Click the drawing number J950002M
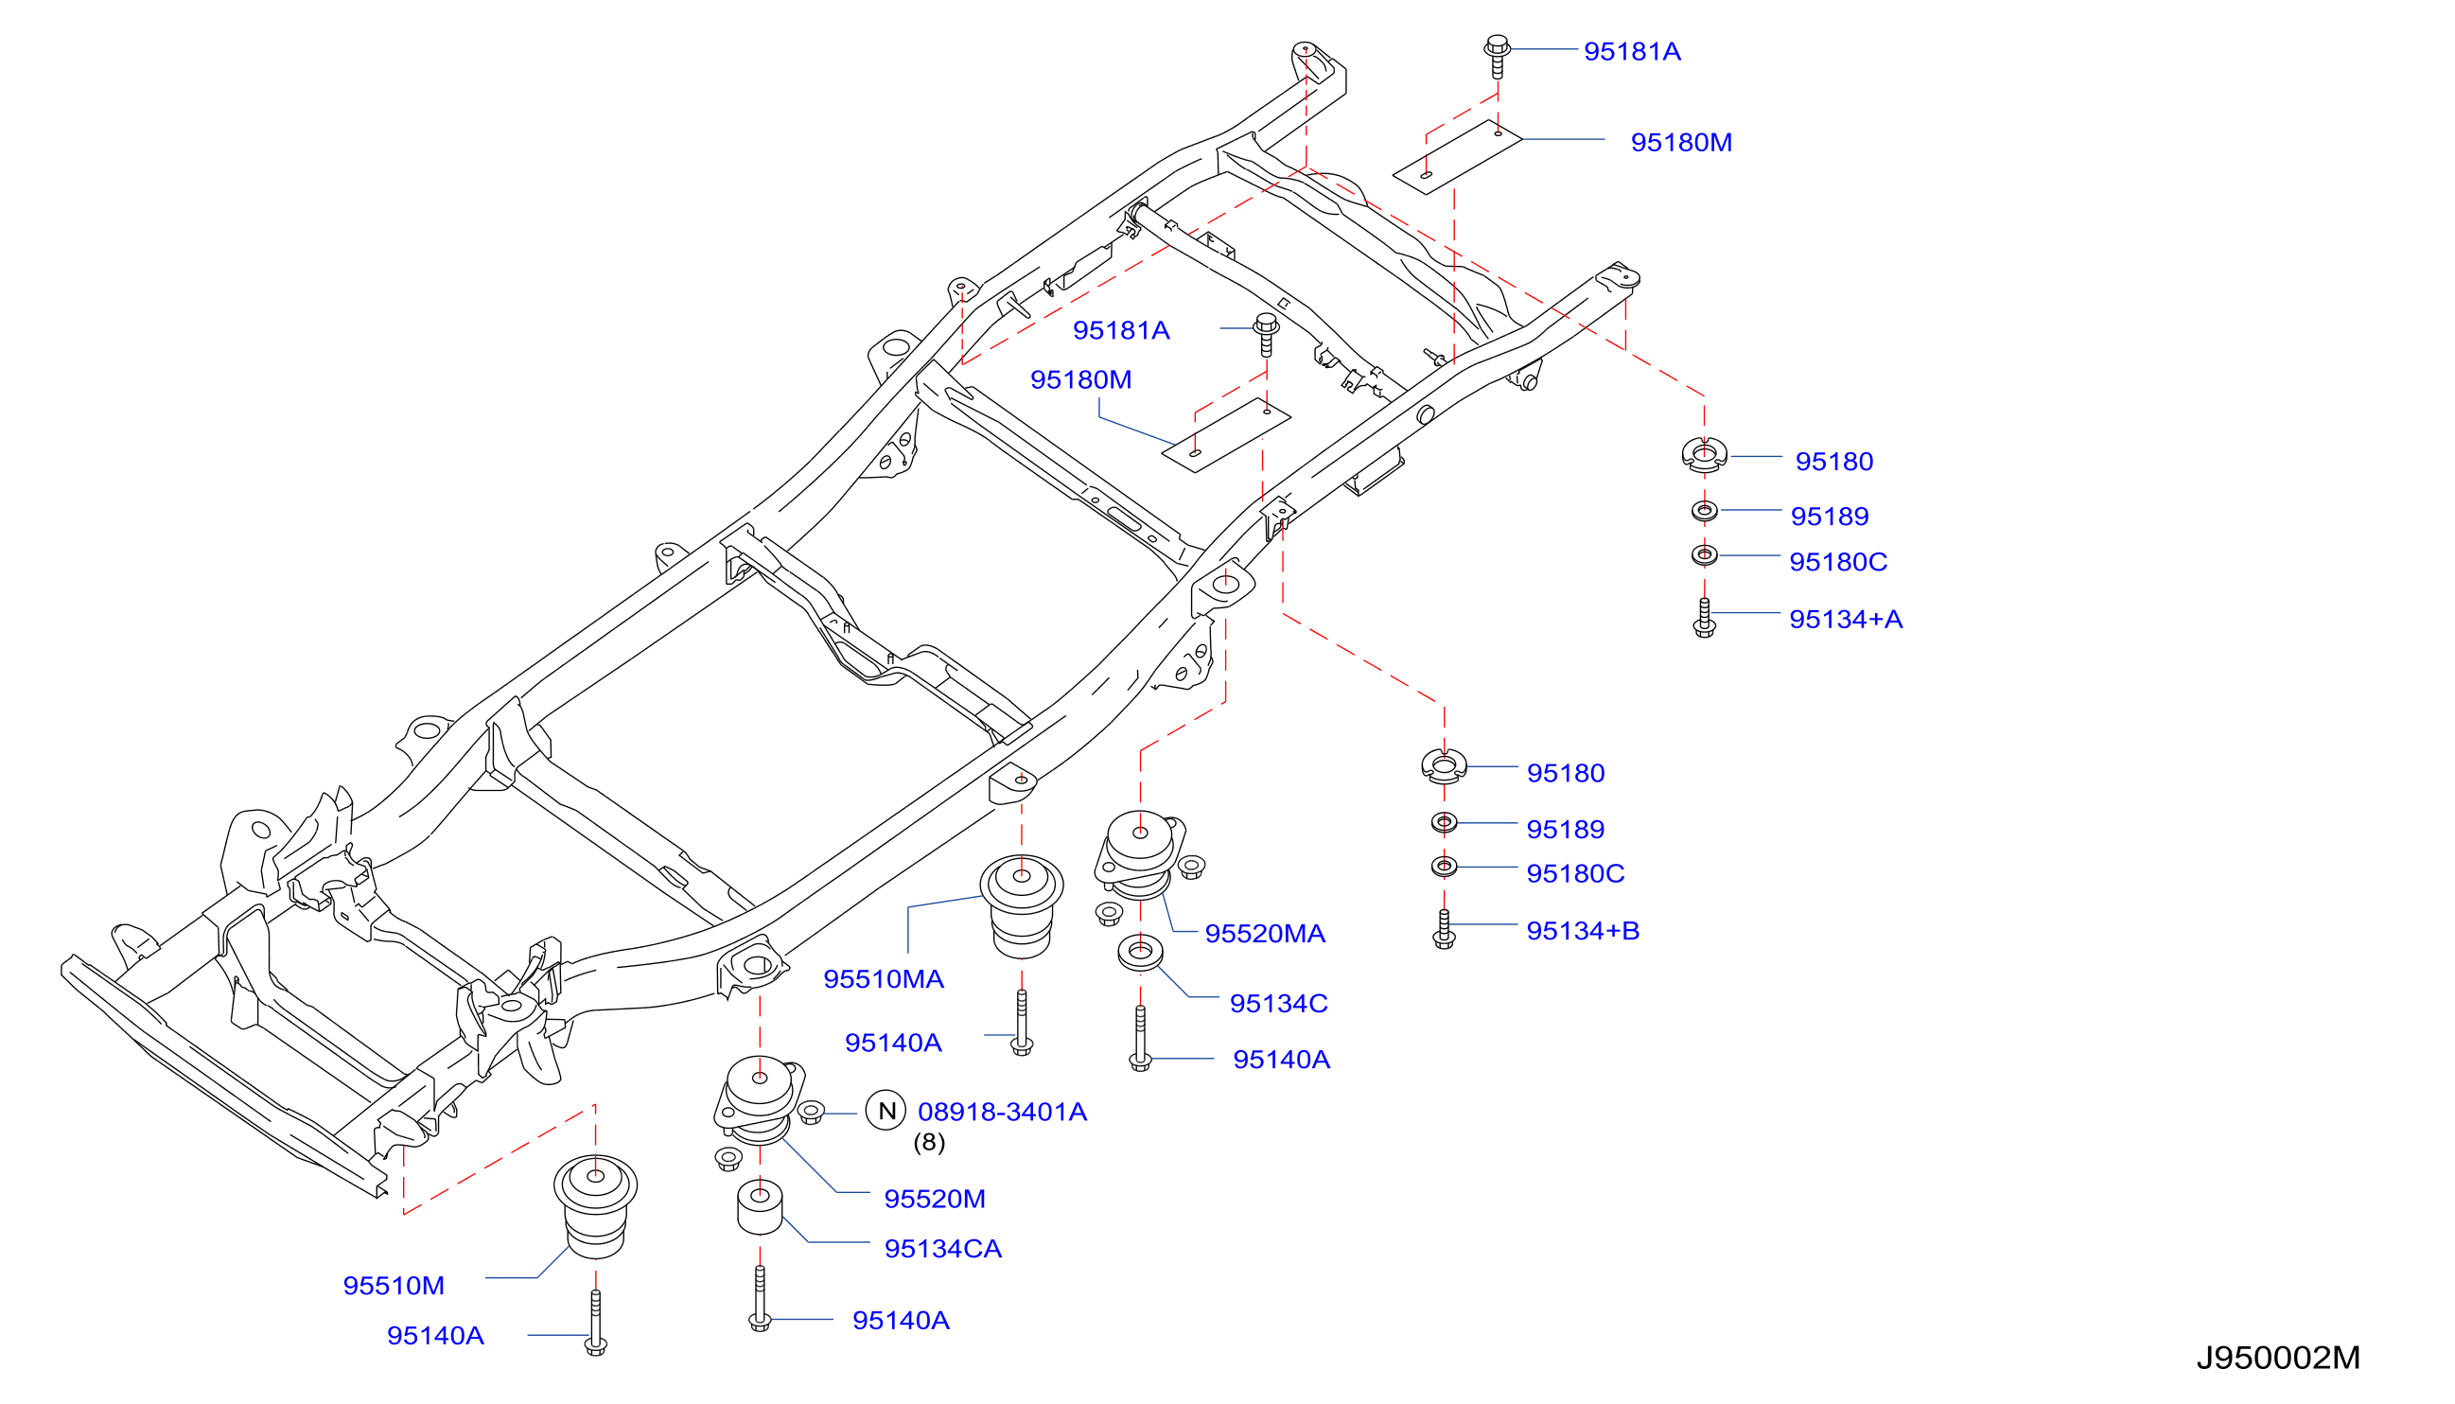pos(2277,1358)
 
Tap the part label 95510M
pos(394,1286)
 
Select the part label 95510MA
pos(884,979)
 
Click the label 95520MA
pos(1265,934)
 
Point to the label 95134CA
pos(943,1249)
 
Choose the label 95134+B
pos(1584,931)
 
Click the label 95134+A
pos(1846,619)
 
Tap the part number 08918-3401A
pos(1002,1112)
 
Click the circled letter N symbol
pos(886,1111)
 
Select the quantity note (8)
pos(930,1143)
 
